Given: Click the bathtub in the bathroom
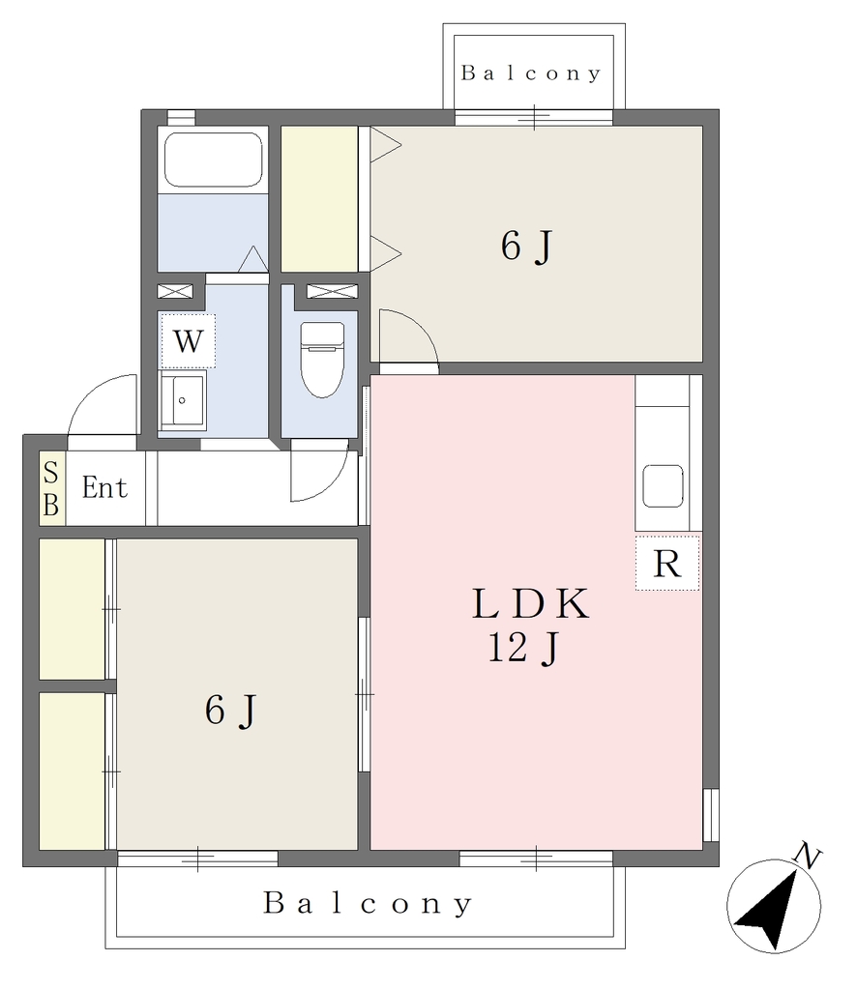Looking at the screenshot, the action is [x=213, y=160].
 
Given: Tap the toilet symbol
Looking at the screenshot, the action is [x=322, y=360].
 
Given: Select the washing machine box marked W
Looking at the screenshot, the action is [x=188, y=341].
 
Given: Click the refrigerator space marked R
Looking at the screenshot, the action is [x=666, y=564].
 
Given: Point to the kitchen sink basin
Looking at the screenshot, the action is [x=663, y=485].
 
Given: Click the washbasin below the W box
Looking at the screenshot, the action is [x=183, y=400].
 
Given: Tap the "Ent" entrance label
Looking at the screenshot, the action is [x=104, y=487].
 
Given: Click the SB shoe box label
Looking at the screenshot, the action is [x=51, y=488].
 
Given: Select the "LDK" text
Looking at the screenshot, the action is [x=530, y=603].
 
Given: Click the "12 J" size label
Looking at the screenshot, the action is [x=523, y=647].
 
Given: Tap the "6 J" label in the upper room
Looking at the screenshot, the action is [x=527, y=246].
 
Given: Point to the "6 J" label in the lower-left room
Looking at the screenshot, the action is [x=230, y=711].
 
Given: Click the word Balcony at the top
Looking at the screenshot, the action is [x=530, y=73].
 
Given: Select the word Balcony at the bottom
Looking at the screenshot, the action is [x=368, y=904].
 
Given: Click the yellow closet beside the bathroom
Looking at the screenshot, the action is [x=319, y=199].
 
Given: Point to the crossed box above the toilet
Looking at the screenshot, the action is [x=332, y=291].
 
